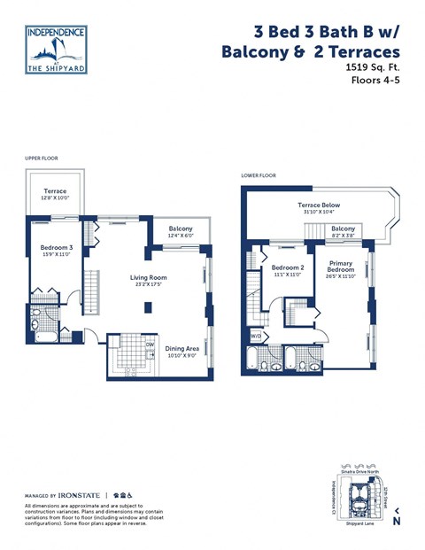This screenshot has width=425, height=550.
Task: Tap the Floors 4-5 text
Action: pyautogui.click(x=376, y=81)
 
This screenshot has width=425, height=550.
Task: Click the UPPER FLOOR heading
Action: pyautogui.click(x=42, y=159)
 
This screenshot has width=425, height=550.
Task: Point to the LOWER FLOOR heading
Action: pyautogui.click(x=259, y=175)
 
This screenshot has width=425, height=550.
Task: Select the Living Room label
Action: pyautogui.click(x=148, y=277)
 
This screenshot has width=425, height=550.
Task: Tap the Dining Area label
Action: pyautogui.click(x=182, y=348)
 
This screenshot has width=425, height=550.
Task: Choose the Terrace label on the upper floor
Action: pyautogui.click(x=55, y=191)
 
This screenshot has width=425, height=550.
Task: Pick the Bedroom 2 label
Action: pyautogui.click(x=288, y=267)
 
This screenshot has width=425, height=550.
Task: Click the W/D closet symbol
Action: pyautogui.click(x=257, y=336)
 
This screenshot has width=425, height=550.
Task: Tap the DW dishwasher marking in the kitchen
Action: pyautogui.click(x=150, y=345)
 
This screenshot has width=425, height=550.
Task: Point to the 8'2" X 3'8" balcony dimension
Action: pyautogui.click(x=343, y=236)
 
